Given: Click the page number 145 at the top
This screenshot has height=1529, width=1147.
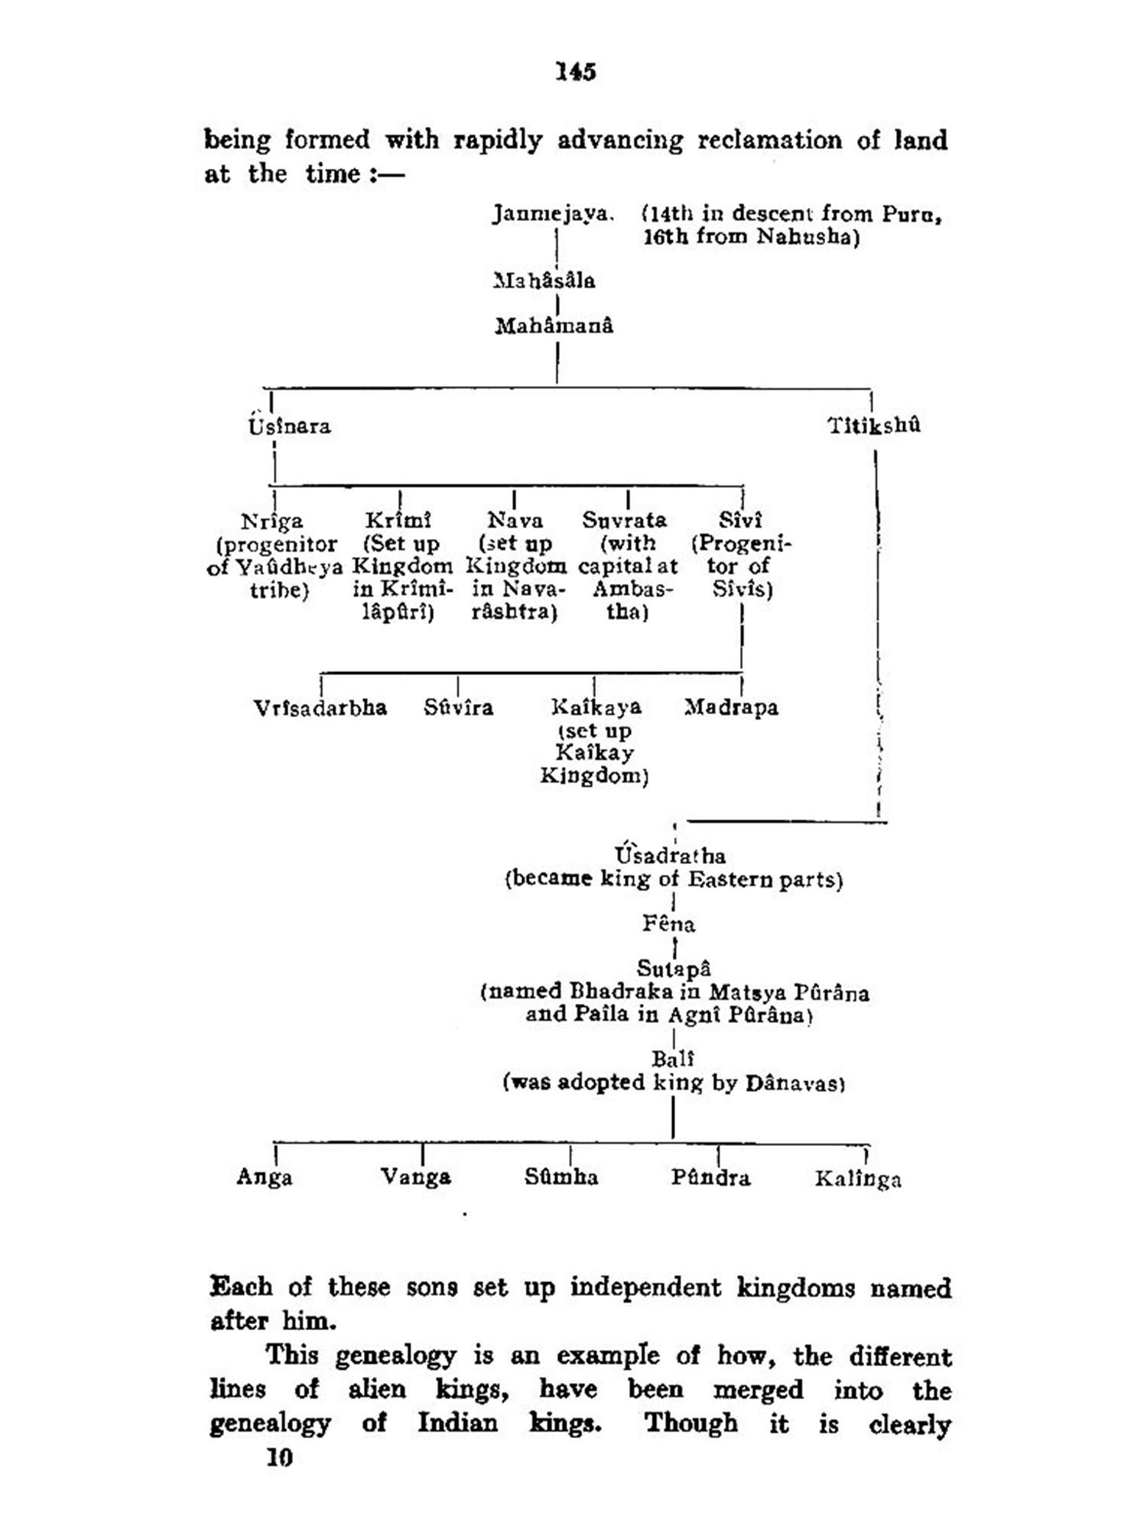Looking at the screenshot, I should (575, 72).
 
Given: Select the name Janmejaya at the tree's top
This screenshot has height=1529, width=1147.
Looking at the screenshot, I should (552, 213).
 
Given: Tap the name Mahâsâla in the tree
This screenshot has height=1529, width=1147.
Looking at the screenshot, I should (544, 281).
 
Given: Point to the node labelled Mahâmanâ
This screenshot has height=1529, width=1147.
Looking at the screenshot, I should (554, 326).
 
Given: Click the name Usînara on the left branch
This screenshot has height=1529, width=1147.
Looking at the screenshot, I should (289, 426).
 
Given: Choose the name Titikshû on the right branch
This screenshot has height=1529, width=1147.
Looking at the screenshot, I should (874, 425).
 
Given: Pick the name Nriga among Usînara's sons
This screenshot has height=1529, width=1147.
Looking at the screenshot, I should (272, 521).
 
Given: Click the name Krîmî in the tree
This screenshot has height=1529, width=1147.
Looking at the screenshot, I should (398, 520).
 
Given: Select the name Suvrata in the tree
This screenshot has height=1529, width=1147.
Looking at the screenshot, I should (624, 520).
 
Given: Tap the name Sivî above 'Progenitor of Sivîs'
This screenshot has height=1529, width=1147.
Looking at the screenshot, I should (740, 520).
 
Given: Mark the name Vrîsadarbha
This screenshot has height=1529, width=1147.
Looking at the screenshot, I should (320, 707).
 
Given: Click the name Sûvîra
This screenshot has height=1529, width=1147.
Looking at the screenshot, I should (458, 707).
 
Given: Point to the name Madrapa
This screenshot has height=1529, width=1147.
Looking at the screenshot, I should (731, 707).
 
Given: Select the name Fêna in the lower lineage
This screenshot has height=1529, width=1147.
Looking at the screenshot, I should (668, 924).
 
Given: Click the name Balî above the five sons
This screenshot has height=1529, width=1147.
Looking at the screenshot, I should (673, 1059).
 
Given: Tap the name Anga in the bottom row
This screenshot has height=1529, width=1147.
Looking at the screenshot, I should (265, 1177).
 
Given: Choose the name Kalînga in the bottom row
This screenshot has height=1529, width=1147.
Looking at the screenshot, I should (858, 1179).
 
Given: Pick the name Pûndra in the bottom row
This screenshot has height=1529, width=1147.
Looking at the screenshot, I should (710, 1177).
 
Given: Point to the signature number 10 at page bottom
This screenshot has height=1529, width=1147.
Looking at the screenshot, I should (279, 1458).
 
